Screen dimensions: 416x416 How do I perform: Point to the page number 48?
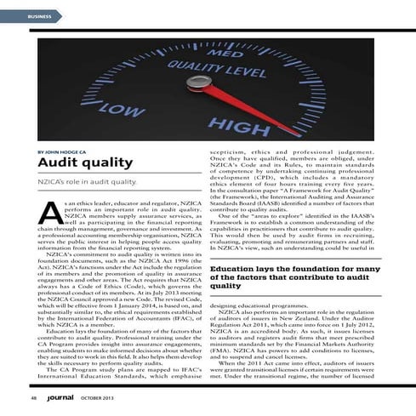tap(31, 396)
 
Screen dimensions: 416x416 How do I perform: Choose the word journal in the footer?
tap(65, 396)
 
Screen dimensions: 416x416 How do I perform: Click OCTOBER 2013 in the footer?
tap(105, 396)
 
